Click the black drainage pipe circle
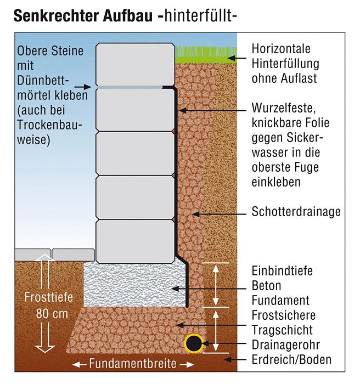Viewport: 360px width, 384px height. click(193, 344)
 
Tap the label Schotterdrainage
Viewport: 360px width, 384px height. click(296, 212)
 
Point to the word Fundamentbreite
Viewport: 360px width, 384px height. click(132, 364)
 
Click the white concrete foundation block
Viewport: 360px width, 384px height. click(132, 285)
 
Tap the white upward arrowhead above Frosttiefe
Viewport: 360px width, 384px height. click(46, 265)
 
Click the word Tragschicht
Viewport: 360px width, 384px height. click(282, 330)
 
